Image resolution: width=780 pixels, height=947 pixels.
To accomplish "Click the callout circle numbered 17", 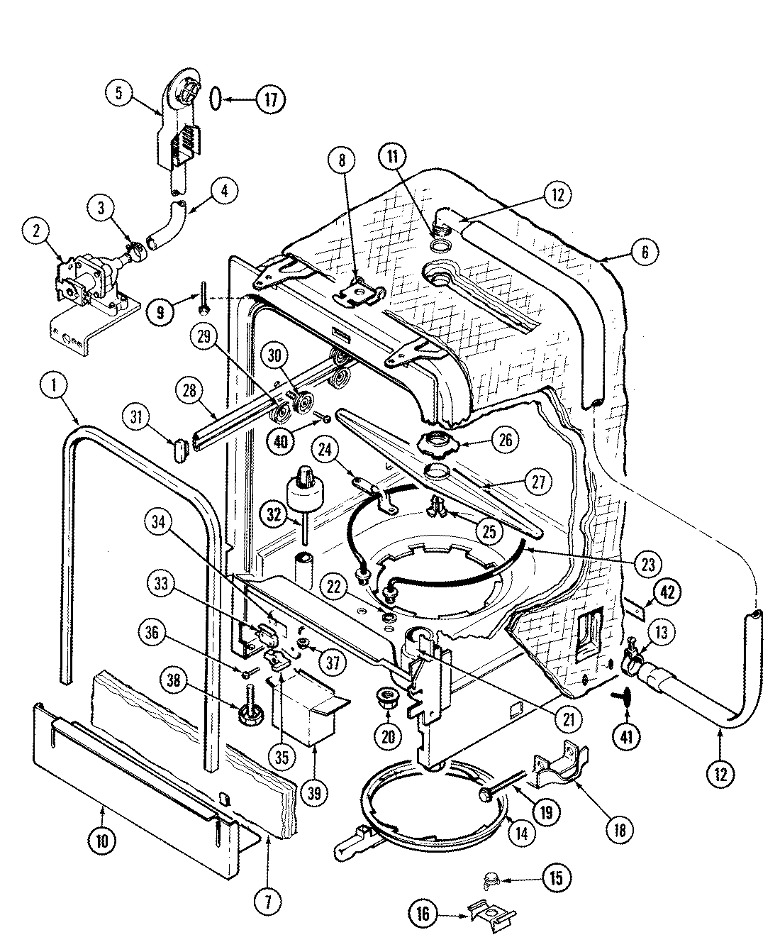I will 269,99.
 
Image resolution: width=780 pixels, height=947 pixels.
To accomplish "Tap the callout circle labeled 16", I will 424,914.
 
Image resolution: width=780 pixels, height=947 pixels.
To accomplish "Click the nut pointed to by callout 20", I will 387,694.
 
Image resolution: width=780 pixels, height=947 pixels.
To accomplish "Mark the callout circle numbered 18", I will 620,830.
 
